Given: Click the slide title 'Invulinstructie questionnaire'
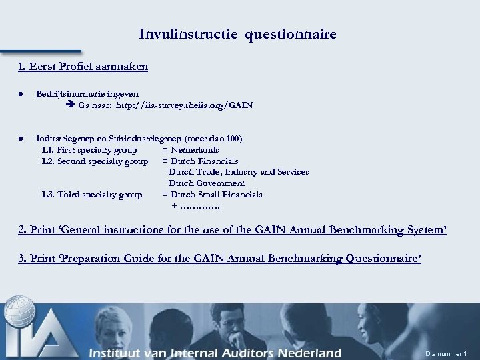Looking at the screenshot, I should (x=237, y=34).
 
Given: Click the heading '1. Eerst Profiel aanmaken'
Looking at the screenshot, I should (x=83, y=67).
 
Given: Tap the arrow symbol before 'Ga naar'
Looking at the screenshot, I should (x=72, y=105).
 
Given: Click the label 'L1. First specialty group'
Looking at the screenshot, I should (x=89, y=150).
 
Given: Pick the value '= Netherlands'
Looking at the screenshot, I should (x=191, y=150).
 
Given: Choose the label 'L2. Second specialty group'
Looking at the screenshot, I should (x=95, y=161).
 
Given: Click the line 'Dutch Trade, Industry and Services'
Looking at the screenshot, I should (x=238, y=172).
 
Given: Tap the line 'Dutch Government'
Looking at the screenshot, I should (x=206, y=183).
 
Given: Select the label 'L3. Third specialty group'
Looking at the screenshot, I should (x=91, y=195).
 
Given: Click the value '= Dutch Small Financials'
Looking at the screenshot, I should (x=212, y=195).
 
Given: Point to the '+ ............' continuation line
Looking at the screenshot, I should (x=195, y=206).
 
